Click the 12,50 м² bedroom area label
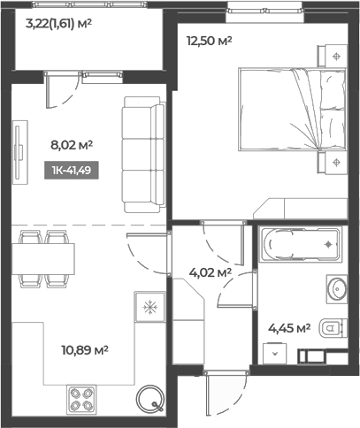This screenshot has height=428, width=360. pyautogui.click(x=210, y=41)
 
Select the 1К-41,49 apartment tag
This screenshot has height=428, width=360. pyautogui.click(x=72, y=170)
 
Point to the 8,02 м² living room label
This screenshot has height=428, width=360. pyautogui.click(x=72, y=145)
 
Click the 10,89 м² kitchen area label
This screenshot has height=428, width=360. pyautogui.click(x=85, y=350)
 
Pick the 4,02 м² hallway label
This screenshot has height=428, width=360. pyautogui.click(x=210, y=272)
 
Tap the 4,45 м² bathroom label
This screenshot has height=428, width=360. pyautogui.click(x=289, y=328)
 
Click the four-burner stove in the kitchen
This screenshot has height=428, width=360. pyautogui.click(x=81, y=399)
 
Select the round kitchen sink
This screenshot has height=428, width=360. pyautogui.click(x=149, y=398)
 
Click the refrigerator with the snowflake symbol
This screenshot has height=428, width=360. pyautogui.click(x=149, y=307)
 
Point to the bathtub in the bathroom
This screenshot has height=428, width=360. pyautogui.click(x=301, y=244)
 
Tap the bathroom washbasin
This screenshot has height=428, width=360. pyautogui.click(x=337, y=289)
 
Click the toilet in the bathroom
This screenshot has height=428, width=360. pyautogui.click(x=333, y=328)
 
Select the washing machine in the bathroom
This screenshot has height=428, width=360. pyautogui.click(x=275, y=353)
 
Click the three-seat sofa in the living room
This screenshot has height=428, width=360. pyautogui.click(x=144, y=155)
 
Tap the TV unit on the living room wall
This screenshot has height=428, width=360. pyautogui.click(x=20, y=152)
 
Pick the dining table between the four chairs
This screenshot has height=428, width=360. pyautogui.click(x=43, y=259)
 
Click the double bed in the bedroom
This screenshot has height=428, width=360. pyautogui.click(x=292, y=110)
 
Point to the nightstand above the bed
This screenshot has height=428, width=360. pyautogui.click(x=333, y=56)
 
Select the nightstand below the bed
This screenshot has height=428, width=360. pyautogui.click(x=333, y=163)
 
